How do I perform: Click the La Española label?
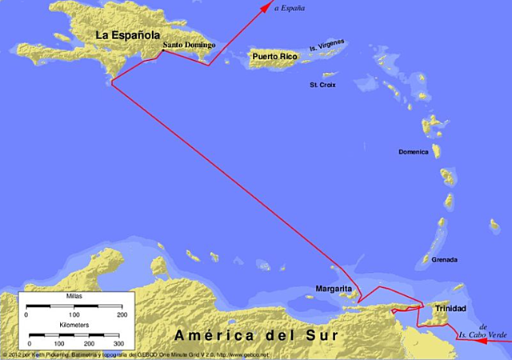coord(127,35)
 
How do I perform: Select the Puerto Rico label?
coord(274,56)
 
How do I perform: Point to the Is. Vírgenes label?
coord(326,50)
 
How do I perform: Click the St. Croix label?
coord(322,84)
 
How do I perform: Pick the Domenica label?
coord(414,152)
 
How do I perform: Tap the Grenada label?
coord(444,260)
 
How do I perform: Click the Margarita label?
coord(334,288)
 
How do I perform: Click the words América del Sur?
coord(252,334)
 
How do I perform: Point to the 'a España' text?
coord(290,8)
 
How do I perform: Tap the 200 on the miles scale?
coord(122,315)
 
